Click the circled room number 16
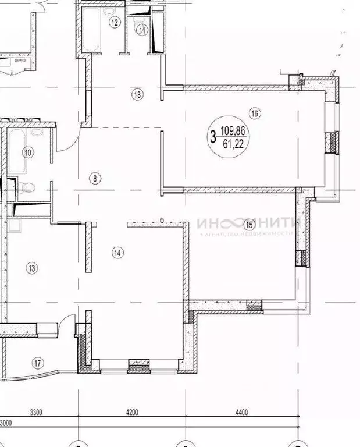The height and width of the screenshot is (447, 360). coord(254,113)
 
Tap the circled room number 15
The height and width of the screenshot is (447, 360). coord(249,224)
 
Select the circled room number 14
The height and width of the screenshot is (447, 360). coord(118,252)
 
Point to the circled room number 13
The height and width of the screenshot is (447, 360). coord(31,268)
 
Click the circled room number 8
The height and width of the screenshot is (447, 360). coord(95,179)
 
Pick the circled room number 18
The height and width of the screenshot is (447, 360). coord(137,94)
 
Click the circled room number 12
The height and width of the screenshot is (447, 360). coord(115,23)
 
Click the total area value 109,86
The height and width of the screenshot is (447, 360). coord(234,132)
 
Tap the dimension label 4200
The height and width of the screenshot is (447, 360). coord(133,413)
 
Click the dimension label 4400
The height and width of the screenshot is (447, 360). coord(242,413)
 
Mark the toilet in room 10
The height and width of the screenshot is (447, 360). coord(27,187)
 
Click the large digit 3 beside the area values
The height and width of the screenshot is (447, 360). coord(213,138)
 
